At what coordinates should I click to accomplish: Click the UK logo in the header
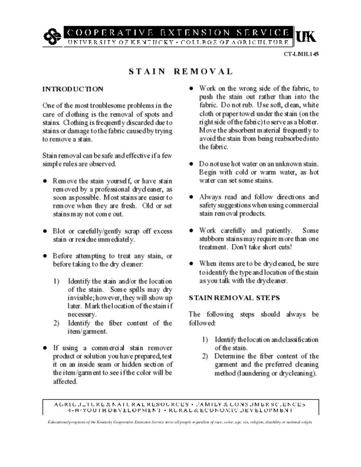pyautogui.click(x=306, y=36)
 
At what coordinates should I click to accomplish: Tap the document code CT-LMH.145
pyautogui.click(x=301, y=54)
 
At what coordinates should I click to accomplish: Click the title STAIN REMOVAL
pyautogui.click(x=181, y=72)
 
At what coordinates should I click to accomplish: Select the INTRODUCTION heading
pyautogui.click(x=73, y=88)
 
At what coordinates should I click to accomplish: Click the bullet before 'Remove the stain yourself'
pyautogui.click(x=45, y=181)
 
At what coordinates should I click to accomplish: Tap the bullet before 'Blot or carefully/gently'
pyautogui.click(x=45, y=232)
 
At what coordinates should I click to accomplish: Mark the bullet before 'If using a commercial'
pyautogui.click(x=45, y=348)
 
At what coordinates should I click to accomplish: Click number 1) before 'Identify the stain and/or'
pyautogui.click(x=56, y=281)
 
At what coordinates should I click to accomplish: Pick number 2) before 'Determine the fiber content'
pyautogui.click(x=205, y=356)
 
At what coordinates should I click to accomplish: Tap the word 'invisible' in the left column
pyautogui.click(x=82, y=298)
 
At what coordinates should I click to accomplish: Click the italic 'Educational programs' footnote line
pyautogui.click(x=180, y=422)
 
